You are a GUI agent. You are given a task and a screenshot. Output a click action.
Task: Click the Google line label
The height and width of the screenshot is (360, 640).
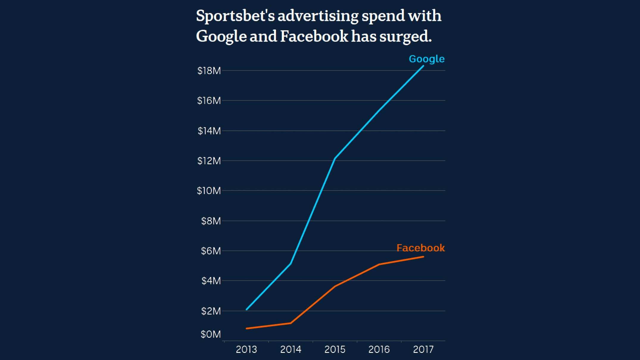pos(427,59)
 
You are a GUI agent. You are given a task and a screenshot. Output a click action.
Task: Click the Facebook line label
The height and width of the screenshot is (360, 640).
pos(420,248)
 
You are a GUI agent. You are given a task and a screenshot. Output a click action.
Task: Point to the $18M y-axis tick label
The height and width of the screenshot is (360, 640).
pos(209,71)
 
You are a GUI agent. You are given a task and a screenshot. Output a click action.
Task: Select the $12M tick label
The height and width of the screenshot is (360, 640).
pos(209,161)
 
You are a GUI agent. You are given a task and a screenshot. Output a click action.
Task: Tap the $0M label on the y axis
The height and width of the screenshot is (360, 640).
pos(210,334)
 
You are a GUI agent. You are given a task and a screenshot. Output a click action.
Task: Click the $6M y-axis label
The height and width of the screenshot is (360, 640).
pos(211,251)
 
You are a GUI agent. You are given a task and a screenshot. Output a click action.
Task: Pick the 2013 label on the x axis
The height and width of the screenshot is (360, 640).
pos(246,349)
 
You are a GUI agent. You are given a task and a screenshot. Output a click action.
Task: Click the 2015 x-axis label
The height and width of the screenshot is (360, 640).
pos(335,349)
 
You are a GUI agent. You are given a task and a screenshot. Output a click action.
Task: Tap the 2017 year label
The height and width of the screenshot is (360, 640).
pos(423,349)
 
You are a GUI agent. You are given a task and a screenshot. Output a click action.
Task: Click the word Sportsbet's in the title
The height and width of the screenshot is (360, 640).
pos(235,16)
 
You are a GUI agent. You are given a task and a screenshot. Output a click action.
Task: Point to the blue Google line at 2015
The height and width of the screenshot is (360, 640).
pos(335,159)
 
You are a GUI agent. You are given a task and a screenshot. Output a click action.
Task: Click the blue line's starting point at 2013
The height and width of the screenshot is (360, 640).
pos(247,309)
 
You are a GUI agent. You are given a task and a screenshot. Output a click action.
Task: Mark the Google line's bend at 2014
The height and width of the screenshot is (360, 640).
pos(291,263)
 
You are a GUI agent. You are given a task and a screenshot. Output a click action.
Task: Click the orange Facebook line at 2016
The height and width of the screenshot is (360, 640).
pos(379,264)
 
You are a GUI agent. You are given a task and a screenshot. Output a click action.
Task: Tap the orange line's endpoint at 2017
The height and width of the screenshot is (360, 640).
pos(423,257)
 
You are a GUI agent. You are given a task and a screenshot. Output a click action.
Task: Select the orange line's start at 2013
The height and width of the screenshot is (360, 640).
pos(247,328)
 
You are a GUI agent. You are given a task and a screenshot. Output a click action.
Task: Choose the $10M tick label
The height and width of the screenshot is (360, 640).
pos(209,191)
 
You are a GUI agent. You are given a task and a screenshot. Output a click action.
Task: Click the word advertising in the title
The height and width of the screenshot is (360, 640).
pos(318,16)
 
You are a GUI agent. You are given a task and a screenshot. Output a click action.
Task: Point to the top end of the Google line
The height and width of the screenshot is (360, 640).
pos(423,66)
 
